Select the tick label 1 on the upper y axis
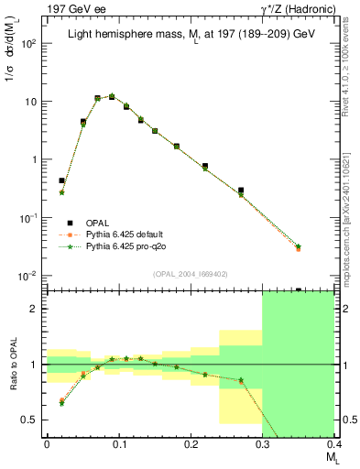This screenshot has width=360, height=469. tap(35, 160)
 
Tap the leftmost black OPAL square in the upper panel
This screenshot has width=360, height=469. tap(61, 181)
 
